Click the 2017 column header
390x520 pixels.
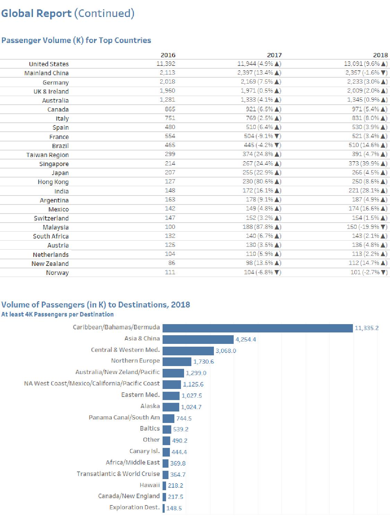click(x=274, y=55)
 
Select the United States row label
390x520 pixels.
click(x=49, y=64)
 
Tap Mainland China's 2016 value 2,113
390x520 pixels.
click(x=167, y=73)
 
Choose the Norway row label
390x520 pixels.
click(x=57, y=273)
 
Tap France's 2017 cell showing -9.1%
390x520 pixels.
click(x=262, y=136)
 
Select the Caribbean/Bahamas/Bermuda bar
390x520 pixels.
click(x=258, y=328)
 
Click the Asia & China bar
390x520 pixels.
click(x=198, y=339)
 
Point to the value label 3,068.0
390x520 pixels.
click(x=226, y=351)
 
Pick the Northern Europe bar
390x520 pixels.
click(x=177, y=362)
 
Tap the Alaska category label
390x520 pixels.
click(x=150, y=406)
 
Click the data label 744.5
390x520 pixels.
click(x=184, y=418)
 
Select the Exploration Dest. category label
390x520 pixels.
click(x=135, y=507)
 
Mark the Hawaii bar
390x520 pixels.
click(x=164, y=486)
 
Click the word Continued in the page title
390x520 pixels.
click(x=104, y=13)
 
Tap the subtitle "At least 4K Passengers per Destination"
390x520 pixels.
click(x=58, y=314)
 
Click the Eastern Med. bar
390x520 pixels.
click(x=171, y=396)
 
